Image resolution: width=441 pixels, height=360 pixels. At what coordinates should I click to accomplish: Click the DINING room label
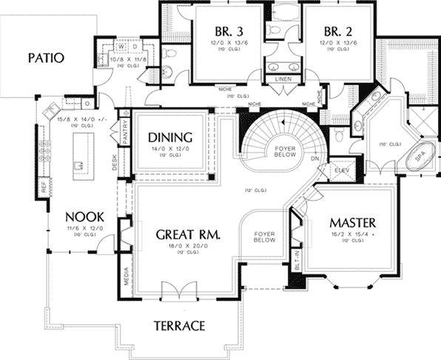tap(170, 137)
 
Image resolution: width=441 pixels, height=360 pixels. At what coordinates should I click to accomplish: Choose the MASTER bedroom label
tap(353, 222)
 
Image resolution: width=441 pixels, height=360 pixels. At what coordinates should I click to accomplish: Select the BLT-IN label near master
tap(297, 259)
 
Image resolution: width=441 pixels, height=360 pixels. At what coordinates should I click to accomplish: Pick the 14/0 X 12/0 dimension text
tap(170, 149)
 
